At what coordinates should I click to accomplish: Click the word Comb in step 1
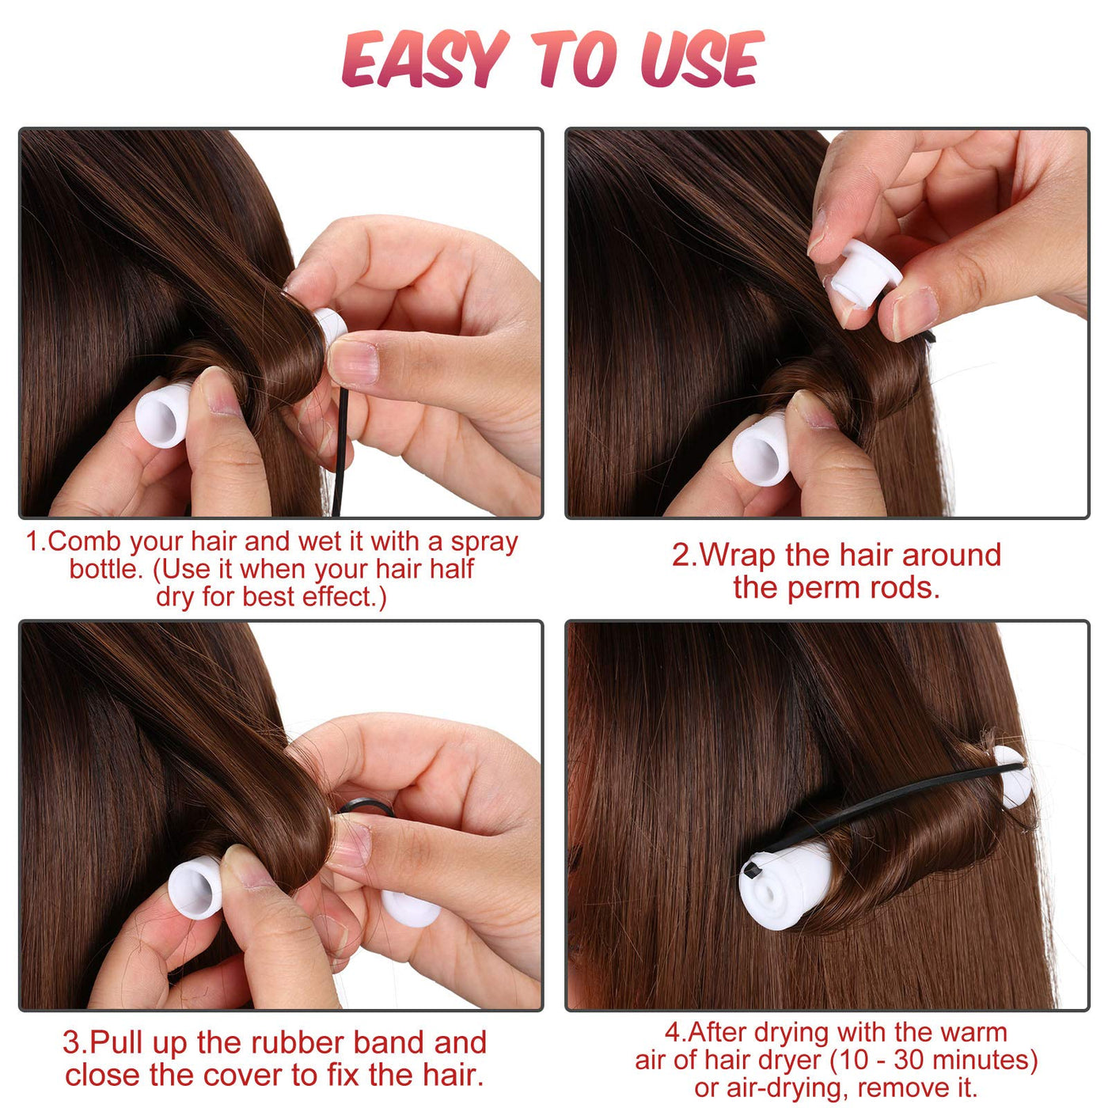(86, 541)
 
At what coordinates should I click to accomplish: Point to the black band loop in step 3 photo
(366, 810)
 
